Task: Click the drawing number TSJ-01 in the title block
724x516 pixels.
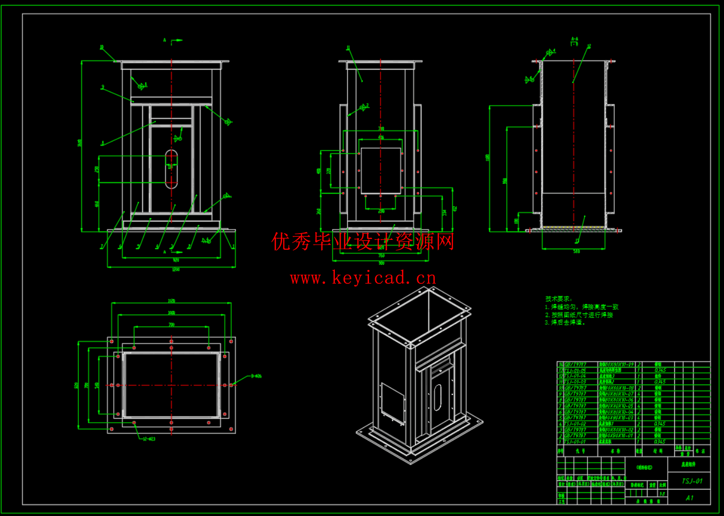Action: tap(692, 481)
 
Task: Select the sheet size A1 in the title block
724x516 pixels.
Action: tap(689, 498)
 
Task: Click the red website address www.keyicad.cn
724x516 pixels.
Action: tap(363, 279)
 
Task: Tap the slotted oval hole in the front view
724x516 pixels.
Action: tap(171, 169)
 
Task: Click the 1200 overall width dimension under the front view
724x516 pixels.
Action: tap(175, 270)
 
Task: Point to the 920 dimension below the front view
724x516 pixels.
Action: tap(176, 260)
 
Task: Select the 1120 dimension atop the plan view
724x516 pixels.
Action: tap(171, 301)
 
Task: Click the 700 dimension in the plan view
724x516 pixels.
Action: tap(171, 325)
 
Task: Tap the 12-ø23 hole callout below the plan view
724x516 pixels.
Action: tap(149, 439)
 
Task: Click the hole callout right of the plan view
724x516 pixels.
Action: tap(256, 376)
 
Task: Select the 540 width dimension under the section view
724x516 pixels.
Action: tap(577, 252)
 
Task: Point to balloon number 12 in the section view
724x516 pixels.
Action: tap(589, 47)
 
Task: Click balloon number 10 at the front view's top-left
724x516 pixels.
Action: tap(101, 47)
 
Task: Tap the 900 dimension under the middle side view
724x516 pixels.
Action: tap(381, 264)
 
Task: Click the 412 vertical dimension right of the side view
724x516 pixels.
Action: tap(455, 209)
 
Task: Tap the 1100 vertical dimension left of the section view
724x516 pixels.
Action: tap(487, 157)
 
